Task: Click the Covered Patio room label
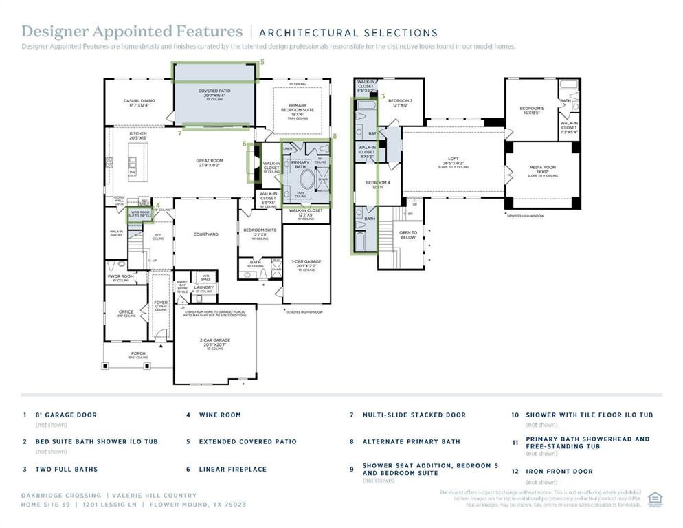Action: tap(214, 91)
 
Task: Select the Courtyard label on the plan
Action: tap(205, 234)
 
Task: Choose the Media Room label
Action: tap(542, 168)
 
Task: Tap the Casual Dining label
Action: tap(139, 101)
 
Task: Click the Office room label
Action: tap(125, 311)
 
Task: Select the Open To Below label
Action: tap(408, 234)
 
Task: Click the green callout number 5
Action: tap(262, 62)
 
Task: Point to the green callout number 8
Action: tap(335, 137)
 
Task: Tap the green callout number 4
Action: tap(158, 205)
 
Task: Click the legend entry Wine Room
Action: tap(220, 415)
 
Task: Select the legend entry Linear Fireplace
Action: tap(232, 470)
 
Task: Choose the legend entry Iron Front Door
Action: tap(559, 472)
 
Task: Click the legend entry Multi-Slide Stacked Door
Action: tap(414, 415)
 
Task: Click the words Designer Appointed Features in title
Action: tap(132, 32)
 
